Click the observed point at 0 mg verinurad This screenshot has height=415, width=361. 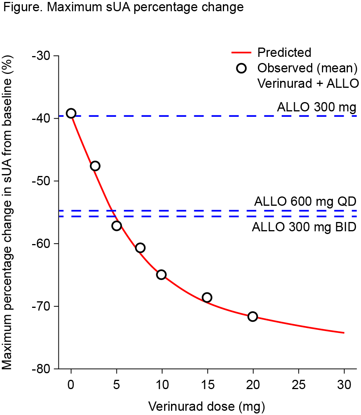[x=71, y=113]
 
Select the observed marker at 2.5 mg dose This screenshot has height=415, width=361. [x=95, y=166]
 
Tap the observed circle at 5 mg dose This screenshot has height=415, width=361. [x=116, y=226]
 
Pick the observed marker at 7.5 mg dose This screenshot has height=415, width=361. [x=140, y=248]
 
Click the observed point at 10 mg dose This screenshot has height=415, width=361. [x=161, y=275]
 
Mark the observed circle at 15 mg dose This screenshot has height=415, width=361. [x=207, y=297]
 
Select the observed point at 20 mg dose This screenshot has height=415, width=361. [x=253, y=316]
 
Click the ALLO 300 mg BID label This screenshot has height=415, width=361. [x=304, y=227]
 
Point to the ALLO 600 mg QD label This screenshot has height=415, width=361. [x=305, y=202]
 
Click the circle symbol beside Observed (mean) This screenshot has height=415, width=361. [x=242, y=68]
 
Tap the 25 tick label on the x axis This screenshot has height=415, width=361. [x=298, y=385]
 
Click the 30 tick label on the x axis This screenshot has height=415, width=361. [x=344, y=385]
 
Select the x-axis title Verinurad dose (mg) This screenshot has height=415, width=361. [x=206, y=406]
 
